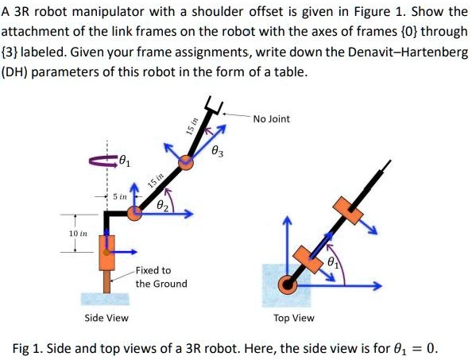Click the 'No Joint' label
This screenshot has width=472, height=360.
(x=272, y=119)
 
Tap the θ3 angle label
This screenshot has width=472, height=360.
(x=219, y=150)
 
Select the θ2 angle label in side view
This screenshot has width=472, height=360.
(x=163, y=205)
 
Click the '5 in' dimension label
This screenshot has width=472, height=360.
(x=120, y=195)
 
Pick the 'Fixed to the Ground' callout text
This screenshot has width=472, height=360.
(x=161, y=277)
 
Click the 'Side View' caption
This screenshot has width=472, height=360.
(x=107, y=318)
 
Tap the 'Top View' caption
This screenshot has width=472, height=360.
(x=293, y=318)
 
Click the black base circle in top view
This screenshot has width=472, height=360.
(x=288, y=285)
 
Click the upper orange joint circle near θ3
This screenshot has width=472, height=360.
(x=185, y=162)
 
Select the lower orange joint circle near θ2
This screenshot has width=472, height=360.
(x=135, y=213)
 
